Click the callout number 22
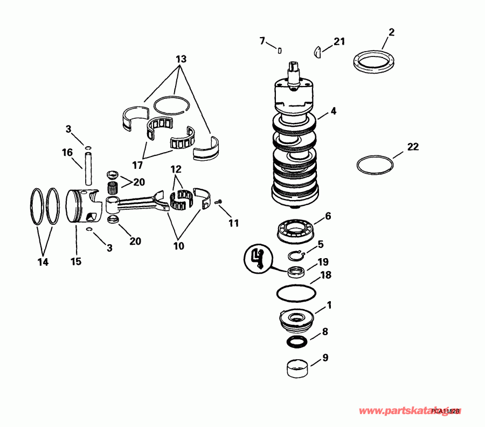tap(413, 147)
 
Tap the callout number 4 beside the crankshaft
tap(334, 111)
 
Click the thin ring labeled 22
tap(376, 165)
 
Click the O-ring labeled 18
tap(296, 294)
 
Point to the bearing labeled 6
tap(294, 230)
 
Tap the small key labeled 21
tap(317, 52)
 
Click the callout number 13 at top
tap(181, 58)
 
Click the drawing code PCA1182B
tap(446, 411)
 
